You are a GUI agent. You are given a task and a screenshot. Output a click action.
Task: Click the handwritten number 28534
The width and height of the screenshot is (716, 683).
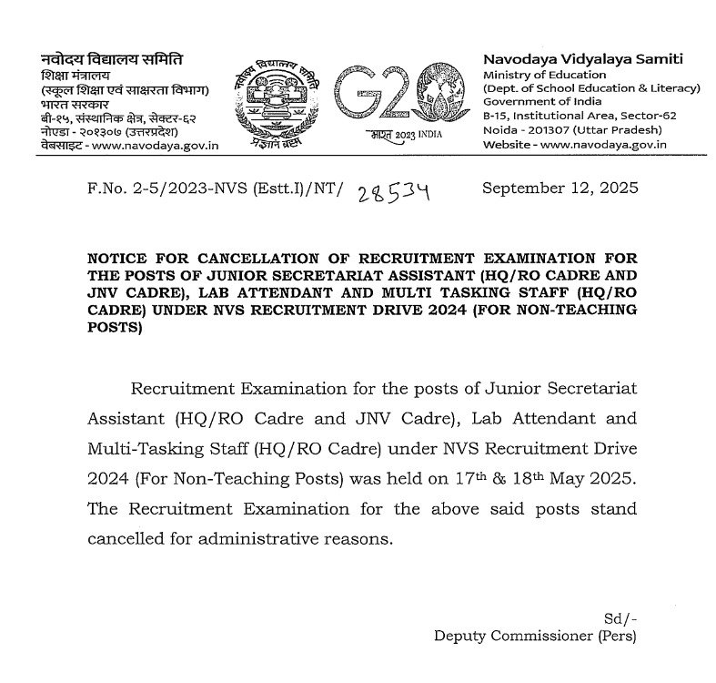tap(395, 193)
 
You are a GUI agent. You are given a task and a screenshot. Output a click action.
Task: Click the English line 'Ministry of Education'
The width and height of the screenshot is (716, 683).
tap(544, 75)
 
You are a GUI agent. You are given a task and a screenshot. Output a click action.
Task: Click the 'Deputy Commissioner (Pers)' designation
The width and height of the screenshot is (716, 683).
tap(537, 634)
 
